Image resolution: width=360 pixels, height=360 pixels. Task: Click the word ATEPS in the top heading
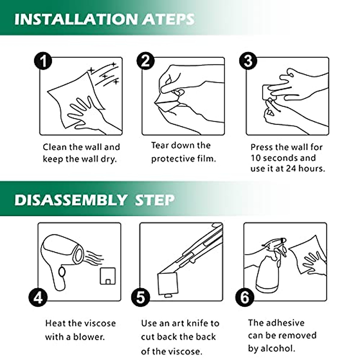coord(168,19)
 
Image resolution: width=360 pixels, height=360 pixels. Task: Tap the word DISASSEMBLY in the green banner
coord(70,200)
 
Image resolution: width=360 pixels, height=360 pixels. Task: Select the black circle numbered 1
coord(43,61)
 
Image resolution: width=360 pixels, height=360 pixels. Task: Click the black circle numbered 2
coord(145,61)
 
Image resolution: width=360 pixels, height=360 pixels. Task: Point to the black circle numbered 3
coord(248,61)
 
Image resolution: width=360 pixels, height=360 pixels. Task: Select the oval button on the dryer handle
coord(62,272)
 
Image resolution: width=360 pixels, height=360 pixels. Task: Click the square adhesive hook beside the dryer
coord(108,276)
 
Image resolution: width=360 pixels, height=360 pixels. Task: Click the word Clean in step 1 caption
coord(55,147)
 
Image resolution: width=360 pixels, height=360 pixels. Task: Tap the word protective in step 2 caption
coord(173,159)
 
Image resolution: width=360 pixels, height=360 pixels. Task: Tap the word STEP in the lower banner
coord(154,200)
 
